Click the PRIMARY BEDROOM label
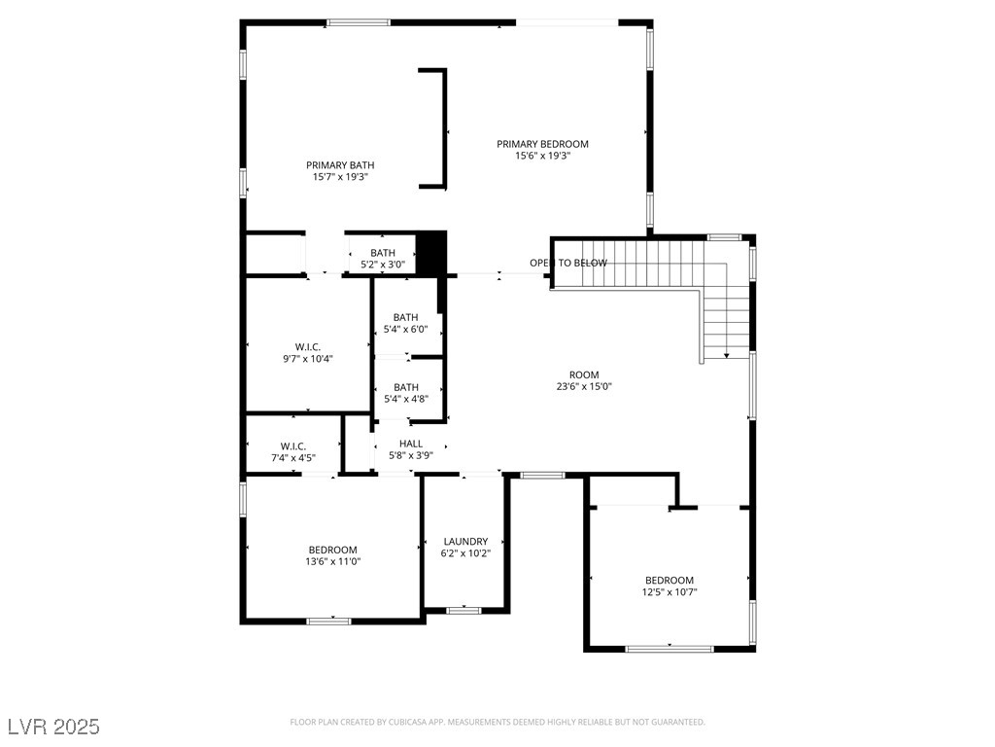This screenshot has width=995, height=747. coord(542,144)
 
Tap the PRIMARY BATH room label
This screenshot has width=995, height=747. coord(340,165)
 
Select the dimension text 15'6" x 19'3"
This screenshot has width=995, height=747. coord(542,156)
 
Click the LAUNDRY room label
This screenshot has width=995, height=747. coord(465,542)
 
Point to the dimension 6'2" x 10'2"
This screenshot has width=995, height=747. coord(465,553)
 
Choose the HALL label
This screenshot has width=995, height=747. coord(410,444)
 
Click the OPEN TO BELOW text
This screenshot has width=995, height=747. coord(568,263)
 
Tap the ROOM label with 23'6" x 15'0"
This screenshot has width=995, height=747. coord(584,374)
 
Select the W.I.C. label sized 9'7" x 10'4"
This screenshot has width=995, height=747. coord(307,347)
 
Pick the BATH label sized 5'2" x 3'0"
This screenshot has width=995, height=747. coord(383,253)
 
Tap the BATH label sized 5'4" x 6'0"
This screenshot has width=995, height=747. coord(405,317)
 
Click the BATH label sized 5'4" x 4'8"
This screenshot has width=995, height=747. coord(405,387)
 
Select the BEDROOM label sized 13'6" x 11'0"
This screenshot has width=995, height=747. coord(332,550)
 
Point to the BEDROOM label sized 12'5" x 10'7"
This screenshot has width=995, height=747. coord(669,580)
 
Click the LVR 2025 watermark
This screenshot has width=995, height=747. coord(53,727)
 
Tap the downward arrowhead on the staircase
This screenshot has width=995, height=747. coord(727,356)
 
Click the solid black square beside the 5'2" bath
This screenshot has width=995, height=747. coord(430,253)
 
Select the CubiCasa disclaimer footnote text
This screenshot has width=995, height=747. coord(497,722)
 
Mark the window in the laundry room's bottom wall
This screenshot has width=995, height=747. coord(463,610)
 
